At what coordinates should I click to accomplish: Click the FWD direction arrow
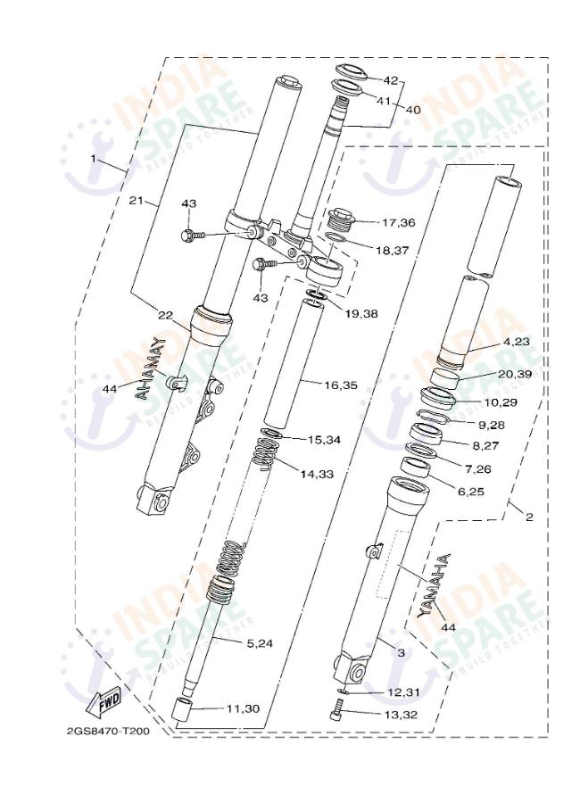pyautogui.click(x=104, y=700)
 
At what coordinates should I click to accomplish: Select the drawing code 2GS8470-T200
pyautogui.click(x=107, y=732)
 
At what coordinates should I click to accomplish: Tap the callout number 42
pyautogui.click(x=390, y=80)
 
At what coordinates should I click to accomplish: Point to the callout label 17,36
pyautogui.click(x=398, y=221)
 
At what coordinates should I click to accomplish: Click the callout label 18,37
pyautogui.click(x=392, y=251)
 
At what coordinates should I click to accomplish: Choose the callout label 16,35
pyautogui.click(x=341, y=385)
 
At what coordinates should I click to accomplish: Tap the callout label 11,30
pyautogui.click(x=242, y=708)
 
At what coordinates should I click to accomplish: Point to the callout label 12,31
pyautogui.click(x=402, y=692)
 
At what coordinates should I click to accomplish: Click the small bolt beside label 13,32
pyautogui.click(x=337, y=712)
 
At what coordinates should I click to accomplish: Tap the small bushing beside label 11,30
pyautogui.click(x=183, y=711)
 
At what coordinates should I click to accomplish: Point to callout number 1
pyautogui.click(x=93, y=158)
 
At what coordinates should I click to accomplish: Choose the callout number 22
pyautogui.click(x=165, y=314)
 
